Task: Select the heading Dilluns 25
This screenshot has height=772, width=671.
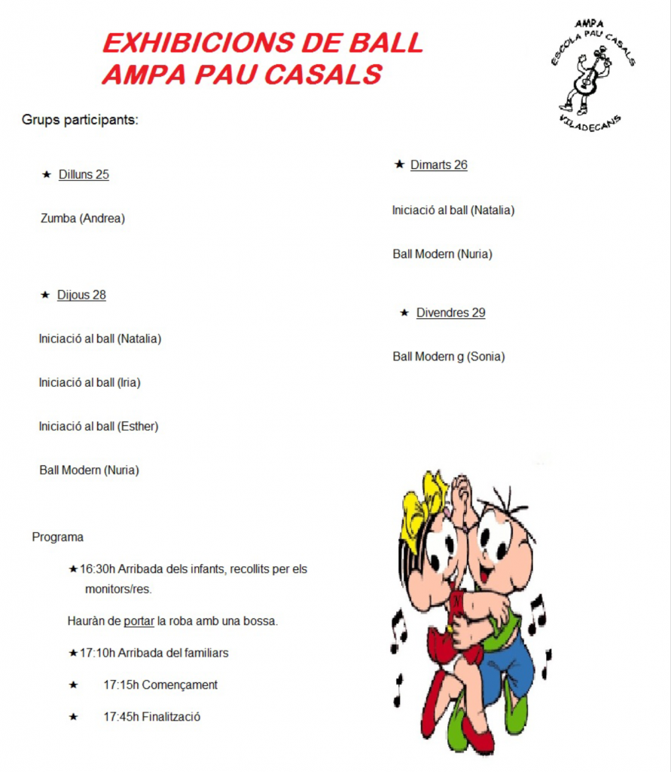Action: tap(84, 175)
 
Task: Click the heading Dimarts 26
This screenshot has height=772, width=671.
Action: tap(438, 165)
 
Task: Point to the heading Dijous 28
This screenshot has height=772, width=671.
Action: tap(81, 295)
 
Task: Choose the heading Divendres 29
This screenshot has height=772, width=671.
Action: tap(450, 313)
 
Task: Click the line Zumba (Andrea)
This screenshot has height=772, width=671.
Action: tap(82, 219)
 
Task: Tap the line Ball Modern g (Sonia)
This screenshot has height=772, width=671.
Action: tap(448, 357)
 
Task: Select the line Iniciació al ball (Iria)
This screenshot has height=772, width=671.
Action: tap(90, 382)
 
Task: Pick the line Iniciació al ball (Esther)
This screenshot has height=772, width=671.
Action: tap(99, 426)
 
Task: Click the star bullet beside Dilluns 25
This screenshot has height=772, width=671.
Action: tap(47, 175)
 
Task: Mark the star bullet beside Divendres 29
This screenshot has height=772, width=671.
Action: tap(404, 313)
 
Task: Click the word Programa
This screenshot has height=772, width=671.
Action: tap(57, 538)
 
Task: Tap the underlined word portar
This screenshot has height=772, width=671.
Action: tap(139, 621)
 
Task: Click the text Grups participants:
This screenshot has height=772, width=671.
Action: tap(80, 120)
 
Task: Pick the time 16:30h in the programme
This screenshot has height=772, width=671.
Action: tap(97, 569)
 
